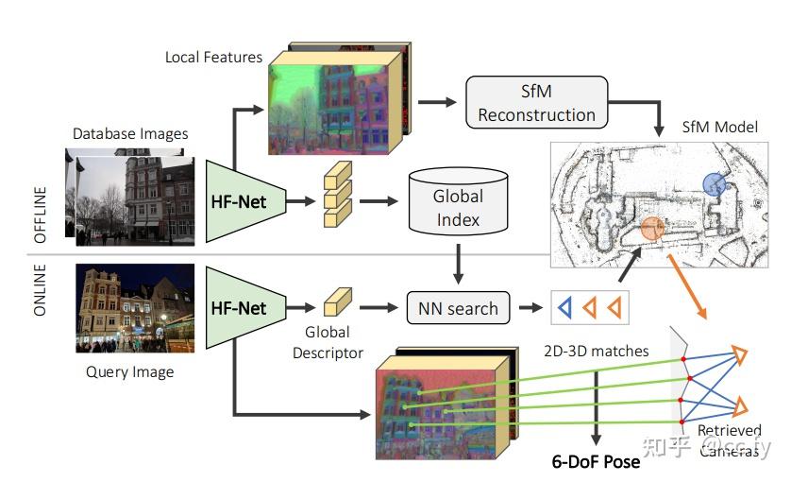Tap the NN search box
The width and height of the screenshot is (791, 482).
point(458,308)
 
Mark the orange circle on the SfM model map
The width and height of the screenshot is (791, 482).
point(652,228)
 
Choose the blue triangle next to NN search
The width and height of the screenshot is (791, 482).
point(564,308)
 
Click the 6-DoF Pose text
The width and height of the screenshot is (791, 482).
point(596,461)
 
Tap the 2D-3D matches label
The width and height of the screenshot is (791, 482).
point(597,351)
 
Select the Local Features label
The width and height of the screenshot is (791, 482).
point(213,57)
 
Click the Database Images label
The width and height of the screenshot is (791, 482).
point(130,133)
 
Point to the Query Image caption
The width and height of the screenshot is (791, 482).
point(129,371)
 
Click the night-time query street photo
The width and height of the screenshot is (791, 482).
point(135,308)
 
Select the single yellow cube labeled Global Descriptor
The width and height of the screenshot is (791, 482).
point(336,304)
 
